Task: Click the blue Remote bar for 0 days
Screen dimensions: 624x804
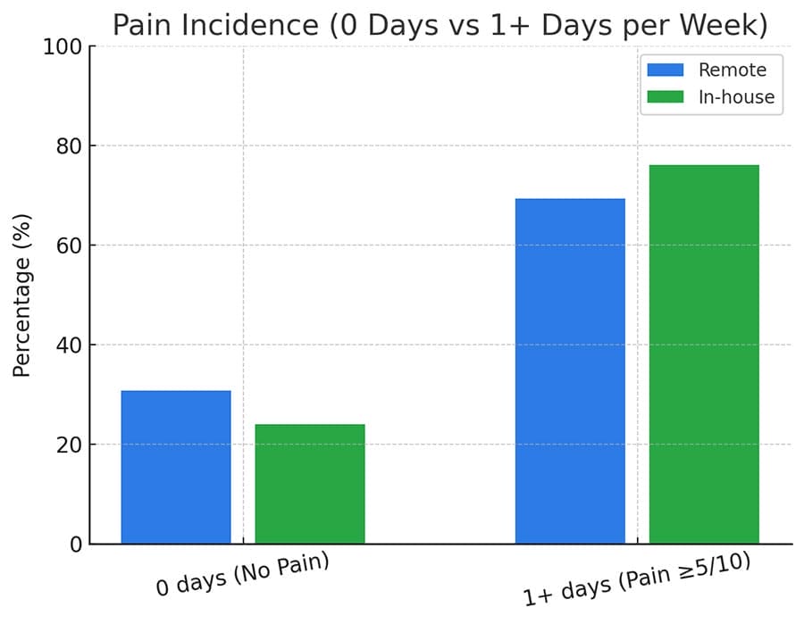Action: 176,467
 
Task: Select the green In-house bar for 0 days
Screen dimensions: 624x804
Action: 310,484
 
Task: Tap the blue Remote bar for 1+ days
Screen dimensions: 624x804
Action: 570,370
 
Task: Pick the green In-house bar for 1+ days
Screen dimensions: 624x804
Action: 704,354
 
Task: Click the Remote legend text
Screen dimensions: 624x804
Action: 732,71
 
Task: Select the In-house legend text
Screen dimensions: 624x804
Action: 736,97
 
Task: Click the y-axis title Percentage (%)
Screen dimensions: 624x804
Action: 21,295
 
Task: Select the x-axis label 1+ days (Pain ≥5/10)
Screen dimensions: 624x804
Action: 638,580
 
